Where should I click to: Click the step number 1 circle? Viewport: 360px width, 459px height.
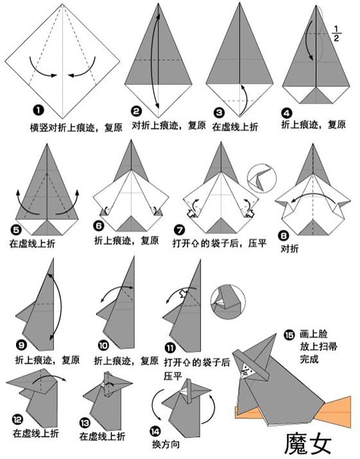click(39, 111)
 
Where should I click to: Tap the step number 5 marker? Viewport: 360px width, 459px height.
click(16, 229)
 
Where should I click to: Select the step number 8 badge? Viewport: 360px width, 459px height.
click(284, 235)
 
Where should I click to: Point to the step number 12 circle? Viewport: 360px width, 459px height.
click(17, 420)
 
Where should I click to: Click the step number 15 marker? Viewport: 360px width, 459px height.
click(289, 334)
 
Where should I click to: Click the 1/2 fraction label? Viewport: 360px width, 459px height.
click(336, 33)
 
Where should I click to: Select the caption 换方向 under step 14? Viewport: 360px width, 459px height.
click(165, 444)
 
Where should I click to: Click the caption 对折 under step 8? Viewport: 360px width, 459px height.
click(290, 249)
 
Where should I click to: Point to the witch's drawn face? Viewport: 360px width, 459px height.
click(245, 371)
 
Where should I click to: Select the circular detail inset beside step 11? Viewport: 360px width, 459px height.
click(228, 302)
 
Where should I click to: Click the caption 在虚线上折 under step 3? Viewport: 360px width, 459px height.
click(235, 127)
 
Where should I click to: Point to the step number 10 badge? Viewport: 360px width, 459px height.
click(103, 346)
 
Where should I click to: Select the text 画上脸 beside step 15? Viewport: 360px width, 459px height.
click(313, 334)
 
